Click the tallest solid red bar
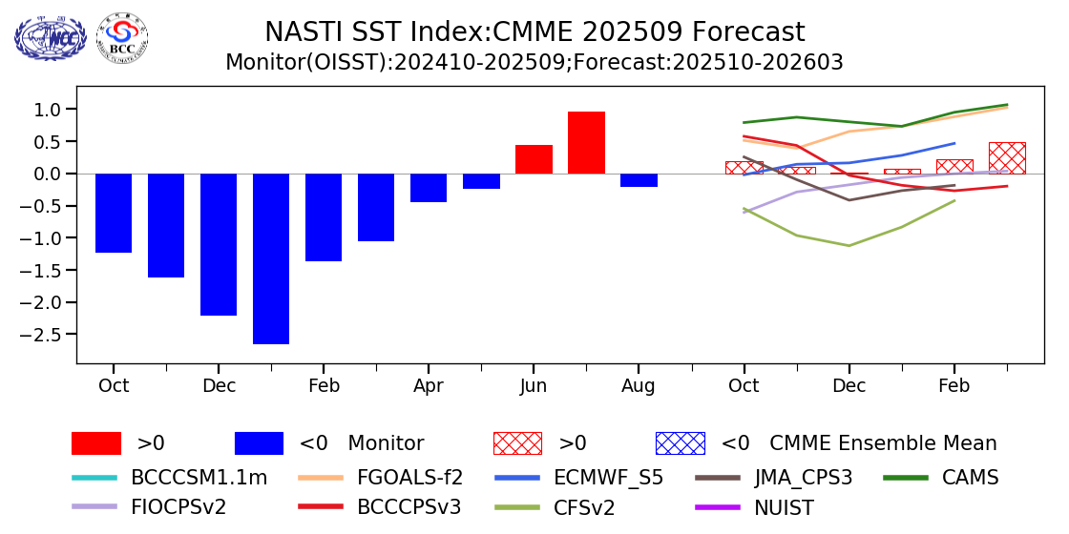pos(586,142)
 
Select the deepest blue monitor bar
pos(271,258)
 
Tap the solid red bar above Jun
pos(534,159)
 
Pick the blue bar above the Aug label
pos(639,180)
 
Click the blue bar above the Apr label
pos(429,188)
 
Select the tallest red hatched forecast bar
pos(1007,158)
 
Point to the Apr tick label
pos(429,386)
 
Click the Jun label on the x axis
pos(534,386)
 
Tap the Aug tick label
pos(639,386)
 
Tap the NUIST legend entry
pos(783,507)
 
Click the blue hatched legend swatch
pos(680,443)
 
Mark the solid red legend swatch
pos(96,443)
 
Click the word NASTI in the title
pos(300,32)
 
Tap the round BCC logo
pos(122,38)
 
